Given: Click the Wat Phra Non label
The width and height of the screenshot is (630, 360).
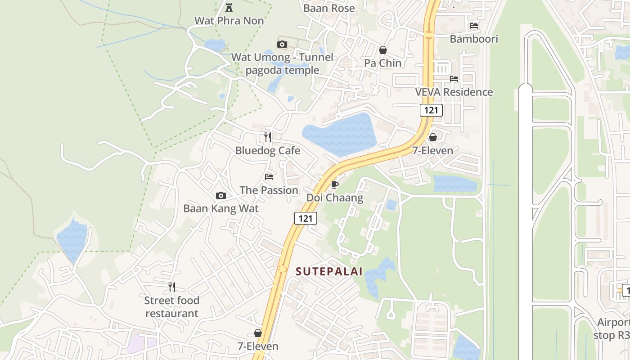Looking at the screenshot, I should (x=229, y=21).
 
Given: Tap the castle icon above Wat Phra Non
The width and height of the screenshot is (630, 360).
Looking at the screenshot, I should (x=229, y=7).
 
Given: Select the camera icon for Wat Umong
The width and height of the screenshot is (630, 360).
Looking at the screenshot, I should (x=282, y=44).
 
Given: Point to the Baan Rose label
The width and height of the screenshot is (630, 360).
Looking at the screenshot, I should (x=329, y=8).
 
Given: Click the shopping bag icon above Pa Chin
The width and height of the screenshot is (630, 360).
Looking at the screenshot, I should (x=383, y=50).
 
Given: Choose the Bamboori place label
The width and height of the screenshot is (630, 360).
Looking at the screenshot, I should (x=474, y=39).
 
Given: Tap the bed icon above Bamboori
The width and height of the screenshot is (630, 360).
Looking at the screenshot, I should (x=474, y=26).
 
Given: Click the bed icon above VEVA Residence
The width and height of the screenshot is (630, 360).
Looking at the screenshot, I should (x=454, y=78).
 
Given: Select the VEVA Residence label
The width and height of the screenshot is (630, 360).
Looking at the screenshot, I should (x=454, y=92).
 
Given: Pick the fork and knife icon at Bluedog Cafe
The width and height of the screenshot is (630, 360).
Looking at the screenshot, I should (x=268, y=137).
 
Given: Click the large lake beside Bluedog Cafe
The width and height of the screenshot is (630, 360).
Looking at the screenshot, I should (x=340, y=134).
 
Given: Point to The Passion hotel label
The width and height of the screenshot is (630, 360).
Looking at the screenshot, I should (x=269, y=190).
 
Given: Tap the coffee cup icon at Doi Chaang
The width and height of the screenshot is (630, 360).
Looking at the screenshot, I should (x=334, y=184).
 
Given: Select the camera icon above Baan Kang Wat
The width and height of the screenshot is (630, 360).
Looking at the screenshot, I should (x=221, y=195).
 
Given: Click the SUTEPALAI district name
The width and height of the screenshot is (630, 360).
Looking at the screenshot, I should (x=329, y=271).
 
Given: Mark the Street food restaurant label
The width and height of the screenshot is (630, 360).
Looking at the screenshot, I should (x=172, y=307).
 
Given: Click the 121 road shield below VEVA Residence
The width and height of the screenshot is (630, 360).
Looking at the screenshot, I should (x=431, y=110).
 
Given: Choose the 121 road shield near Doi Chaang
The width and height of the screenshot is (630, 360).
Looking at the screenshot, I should (x=306, y=218).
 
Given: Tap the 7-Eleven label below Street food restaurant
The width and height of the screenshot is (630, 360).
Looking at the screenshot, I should (x=258, y=346).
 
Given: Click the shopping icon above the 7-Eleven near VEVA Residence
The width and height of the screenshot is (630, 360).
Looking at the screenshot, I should (x=433, y=137).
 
